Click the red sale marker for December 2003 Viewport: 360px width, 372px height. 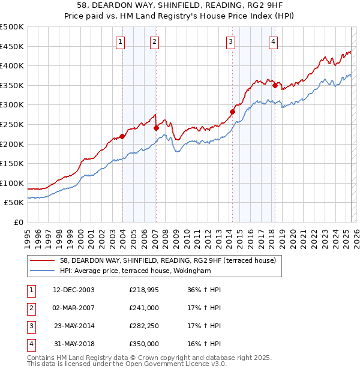point(122,136)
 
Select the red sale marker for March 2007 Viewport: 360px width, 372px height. point(156,127)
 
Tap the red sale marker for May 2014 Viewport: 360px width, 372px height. point(232,112)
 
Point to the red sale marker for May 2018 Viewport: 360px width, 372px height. point(275,85)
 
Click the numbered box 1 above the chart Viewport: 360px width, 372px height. point(121,41)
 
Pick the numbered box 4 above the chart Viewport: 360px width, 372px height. point(273,41)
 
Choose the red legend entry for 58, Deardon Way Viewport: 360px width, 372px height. point(167,260)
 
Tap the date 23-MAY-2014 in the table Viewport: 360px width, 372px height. point(74,327)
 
